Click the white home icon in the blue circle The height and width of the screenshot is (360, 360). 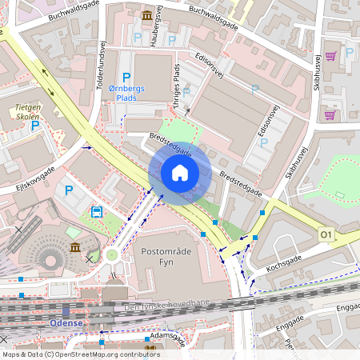[x=179, y=173]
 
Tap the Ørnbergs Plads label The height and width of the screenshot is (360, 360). [x=126, y=93]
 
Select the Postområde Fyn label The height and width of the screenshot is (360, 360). [x=169, y=257]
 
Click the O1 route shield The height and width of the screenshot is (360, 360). [x=325, y=234]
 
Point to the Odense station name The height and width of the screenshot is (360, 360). [x=66, y=322]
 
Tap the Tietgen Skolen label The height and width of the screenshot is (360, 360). [x=29, y=110]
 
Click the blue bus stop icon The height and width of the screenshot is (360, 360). [x=96, y=212]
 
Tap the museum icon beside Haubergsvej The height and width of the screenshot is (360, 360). [x=148, y=15]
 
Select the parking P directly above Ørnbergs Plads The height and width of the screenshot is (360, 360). [x=126, y=77]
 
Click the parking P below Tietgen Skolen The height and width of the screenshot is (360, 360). [x=35, y=126]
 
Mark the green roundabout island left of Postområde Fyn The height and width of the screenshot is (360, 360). [x=110, y=256]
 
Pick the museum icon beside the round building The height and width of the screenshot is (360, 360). [x=74, y=247]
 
